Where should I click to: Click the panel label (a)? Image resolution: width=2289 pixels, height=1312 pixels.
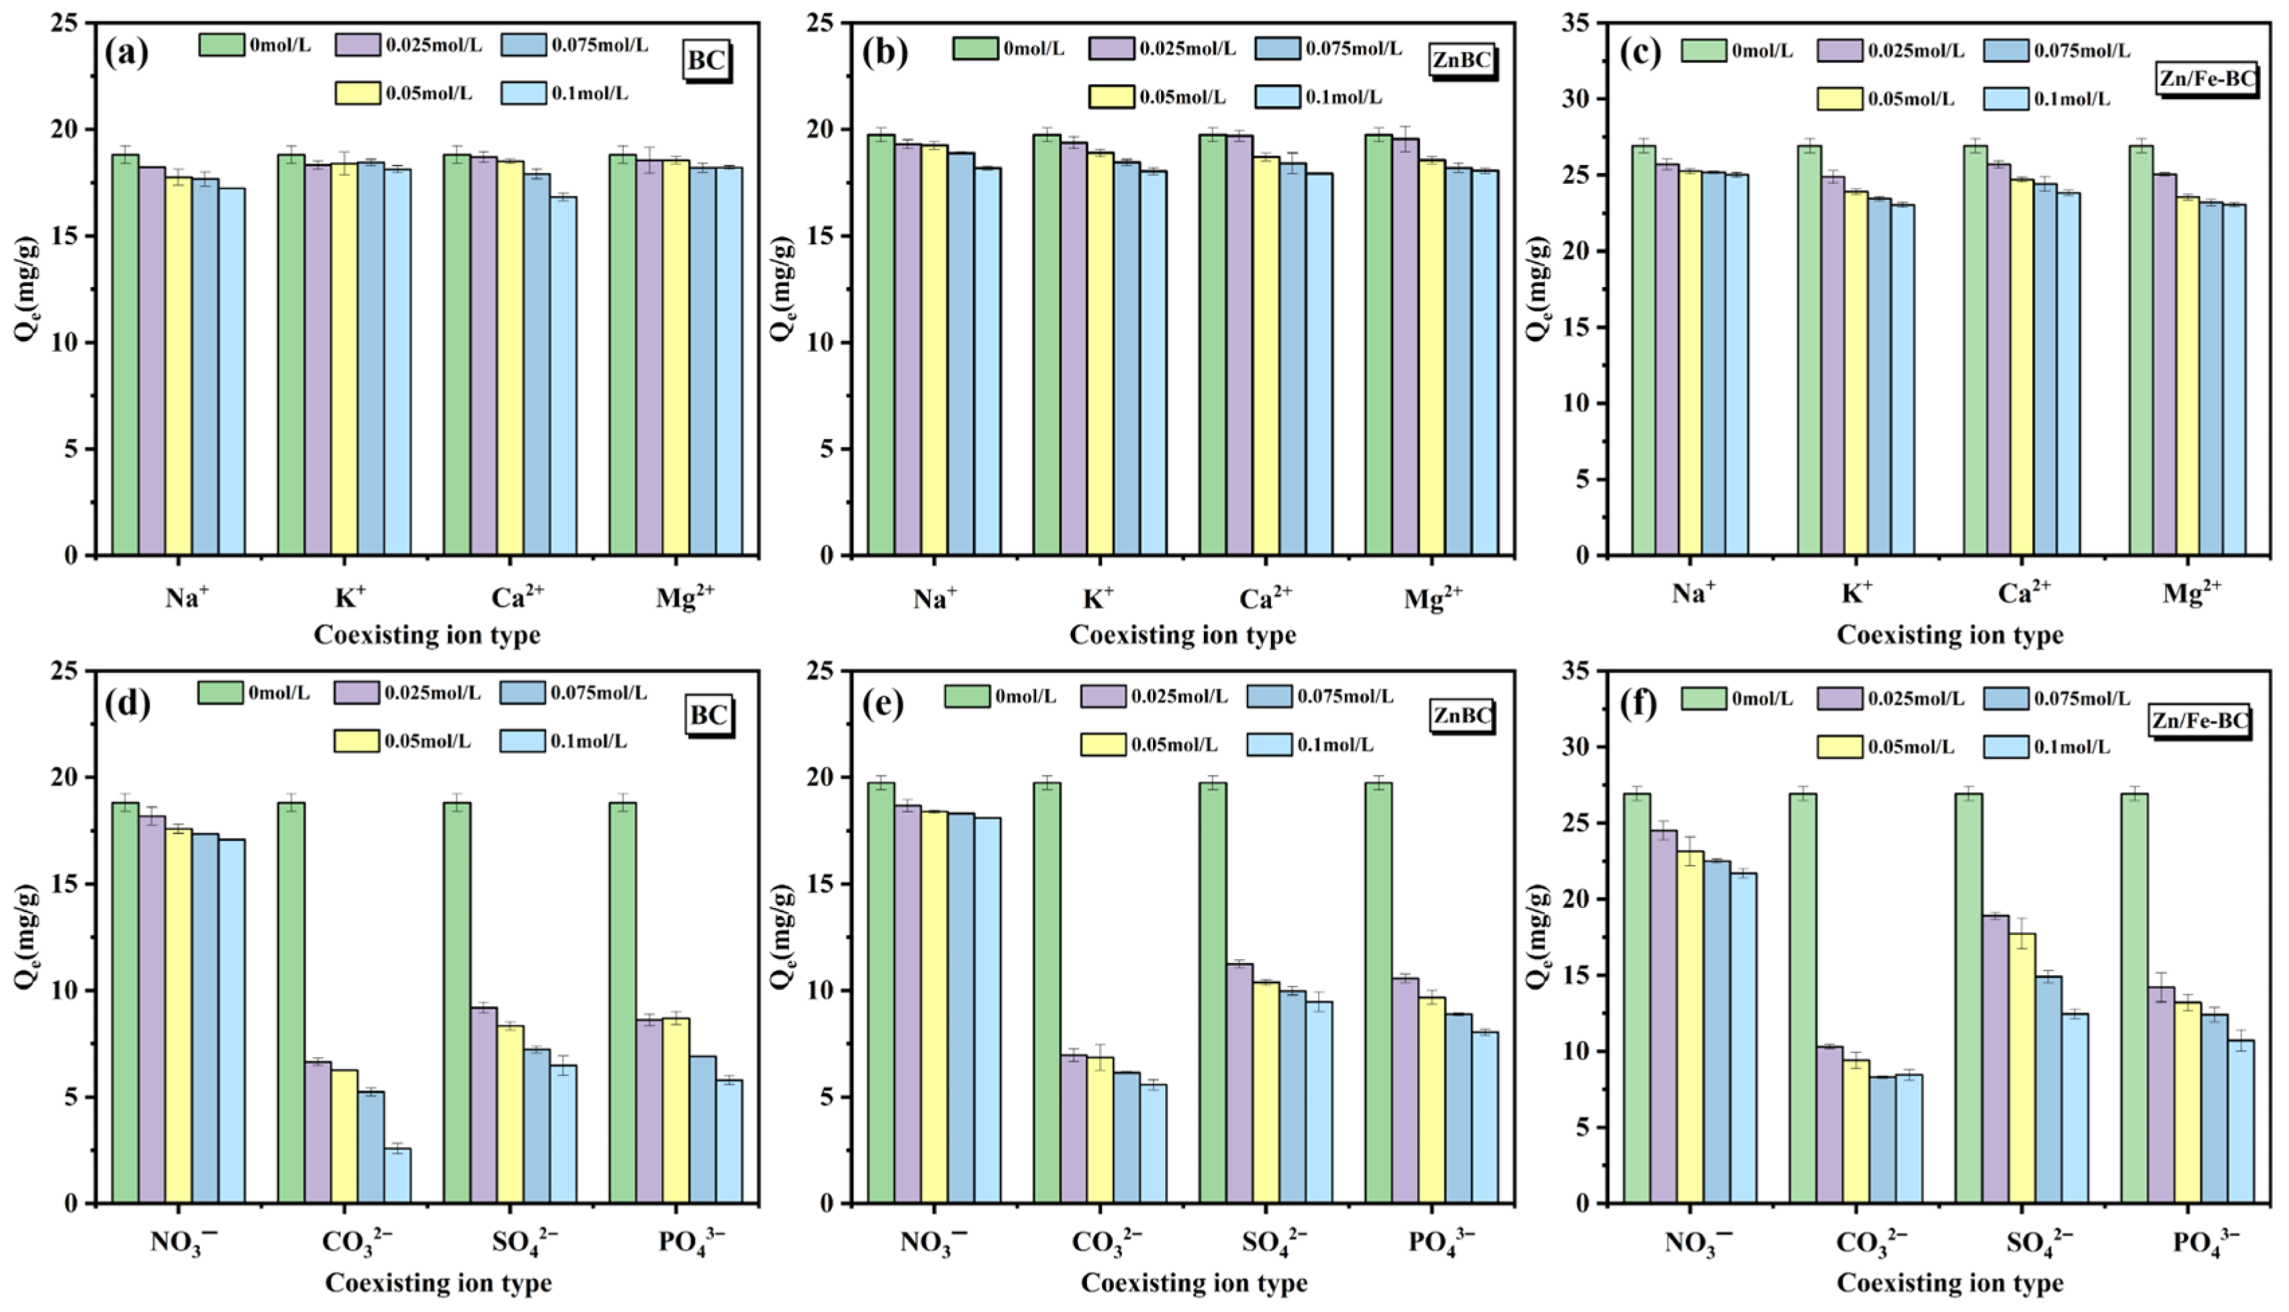(126, 52)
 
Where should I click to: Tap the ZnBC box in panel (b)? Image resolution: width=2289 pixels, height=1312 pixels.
(1462, 60)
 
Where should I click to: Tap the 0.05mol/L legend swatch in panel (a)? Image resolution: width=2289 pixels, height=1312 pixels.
(357, 93)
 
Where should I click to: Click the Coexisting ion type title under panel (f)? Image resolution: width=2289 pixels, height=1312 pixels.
(1949, 1282)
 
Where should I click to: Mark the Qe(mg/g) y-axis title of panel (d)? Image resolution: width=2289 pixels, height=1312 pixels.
(27, 936)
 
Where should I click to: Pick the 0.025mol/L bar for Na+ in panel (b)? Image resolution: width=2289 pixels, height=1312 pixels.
(907, 349)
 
